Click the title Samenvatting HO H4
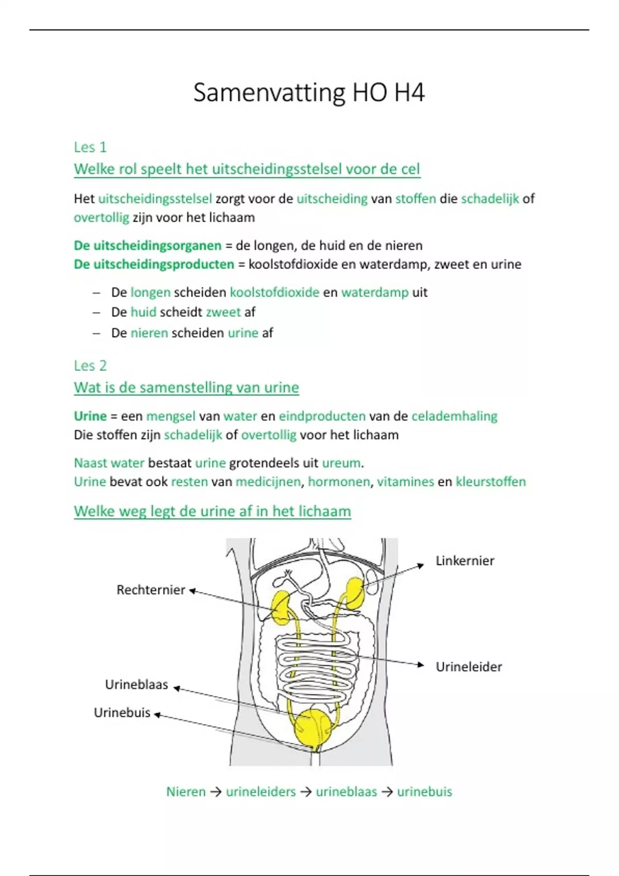coord(308,93)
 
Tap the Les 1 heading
coord(90,147)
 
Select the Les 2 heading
coord(90,366)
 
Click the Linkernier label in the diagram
coord(465,561)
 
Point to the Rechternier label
coord(151,590)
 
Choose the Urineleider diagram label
coord(468,667)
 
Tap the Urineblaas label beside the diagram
coord(137,685)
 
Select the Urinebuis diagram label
coord(122,713)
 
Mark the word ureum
coord(341,463)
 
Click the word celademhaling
coord(454,416)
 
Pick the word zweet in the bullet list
coord(223,312)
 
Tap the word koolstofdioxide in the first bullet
coord(274,293)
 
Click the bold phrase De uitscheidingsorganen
coord(148,246)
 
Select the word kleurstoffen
coord(491,482)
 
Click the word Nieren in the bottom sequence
coord(186,791)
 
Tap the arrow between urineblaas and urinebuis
coord(387,791)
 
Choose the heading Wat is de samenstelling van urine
coord(186,388)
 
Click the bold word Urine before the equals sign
coord(90,416)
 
